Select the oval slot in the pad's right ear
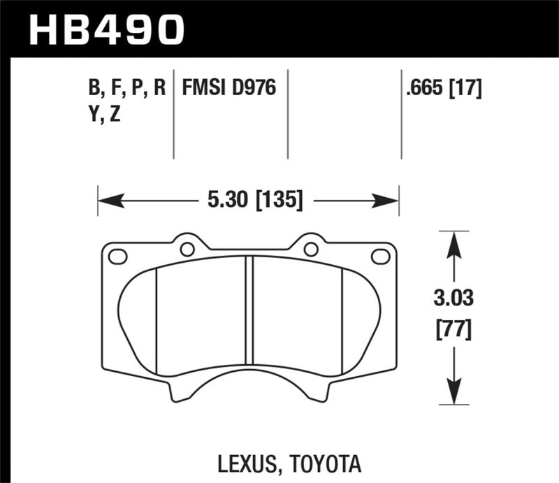pos(380,256)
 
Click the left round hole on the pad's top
pos(187,248)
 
